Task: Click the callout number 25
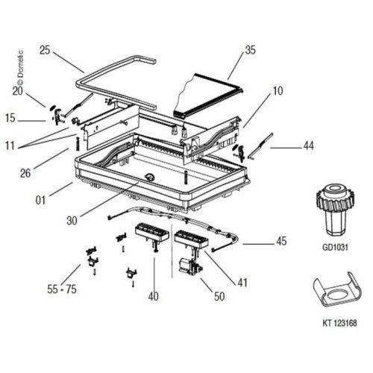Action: click(x=46, y=51)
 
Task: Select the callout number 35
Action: click(x=250, y=51)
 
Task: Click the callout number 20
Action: click(x=18, y=90)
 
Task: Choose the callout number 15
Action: click(x=11, y=119)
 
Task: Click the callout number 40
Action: click(x=153, y=296)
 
